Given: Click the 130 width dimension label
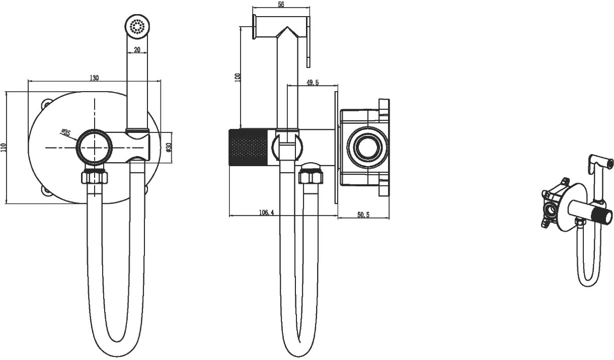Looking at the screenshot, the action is coord(94,78).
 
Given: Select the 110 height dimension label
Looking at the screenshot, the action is coord(4,147).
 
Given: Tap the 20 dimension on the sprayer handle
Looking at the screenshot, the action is coord(137,50).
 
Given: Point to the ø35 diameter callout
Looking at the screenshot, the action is coord(66,132).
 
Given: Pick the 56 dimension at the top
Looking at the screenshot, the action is coord(281,5).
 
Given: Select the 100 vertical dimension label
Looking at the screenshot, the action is coord(238,77).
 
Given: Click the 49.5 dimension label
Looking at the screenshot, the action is coord(313,82).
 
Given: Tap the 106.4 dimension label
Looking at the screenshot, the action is coord(266,212).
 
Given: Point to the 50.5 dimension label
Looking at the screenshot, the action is coord(363,215).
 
